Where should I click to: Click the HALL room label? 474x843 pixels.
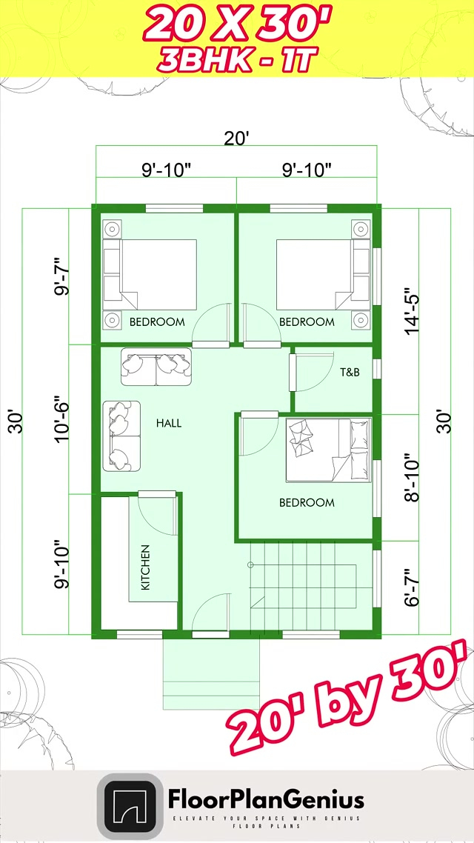[x=169, y=423]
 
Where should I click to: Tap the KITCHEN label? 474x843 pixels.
[x=145, y=567]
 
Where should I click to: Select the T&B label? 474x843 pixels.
[x=350, y=372]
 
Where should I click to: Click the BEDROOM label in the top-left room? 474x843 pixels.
[x=157, y=322]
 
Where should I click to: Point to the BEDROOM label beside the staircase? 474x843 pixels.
[x=307, y=503]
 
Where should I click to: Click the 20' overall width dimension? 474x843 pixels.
[x=236, y=139]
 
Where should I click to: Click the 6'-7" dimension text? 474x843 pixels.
[x=413, y=587]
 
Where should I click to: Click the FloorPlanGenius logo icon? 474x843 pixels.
[x=130, y=804]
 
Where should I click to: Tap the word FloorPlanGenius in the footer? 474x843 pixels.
[x=266, y=799]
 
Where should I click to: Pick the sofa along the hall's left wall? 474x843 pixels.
[x=122, y=436]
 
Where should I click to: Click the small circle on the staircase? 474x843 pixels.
[x=250, y=564]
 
